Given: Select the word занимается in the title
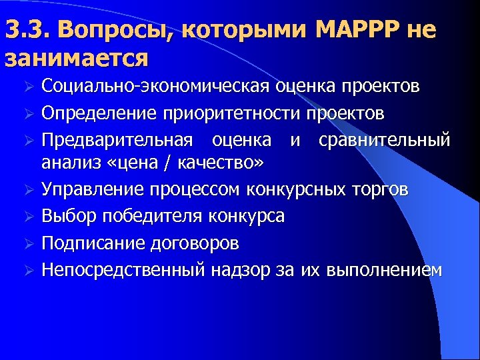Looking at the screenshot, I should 76,59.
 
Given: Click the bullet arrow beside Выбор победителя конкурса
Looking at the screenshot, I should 28,217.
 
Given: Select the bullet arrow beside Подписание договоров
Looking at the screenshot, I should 28,243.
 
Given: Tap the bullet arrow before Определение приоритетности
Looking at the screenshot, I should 28,114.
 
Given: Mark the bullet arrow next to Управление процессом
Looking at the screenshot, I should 28,190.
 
